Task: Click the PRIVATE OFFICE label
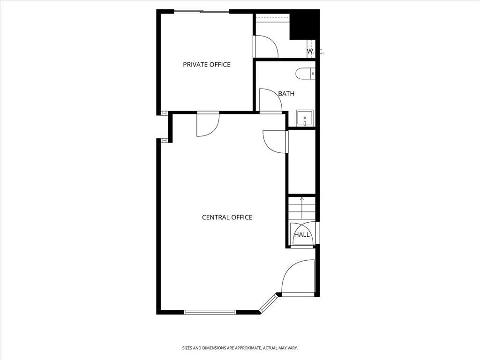(x=207, y=65)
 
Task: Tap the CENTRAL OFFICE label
(x=227, y=217)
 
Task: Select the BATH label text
(x=286, y=94)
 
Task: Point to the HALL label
(x=302, y=235)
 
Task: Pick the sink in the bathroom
(x=305, y=118)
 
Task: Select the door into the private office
(x=208, y=124)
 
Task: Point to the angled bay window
(x=268, y=303)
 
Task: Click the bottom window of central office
(x=210, y=312)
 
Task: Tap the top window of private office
(x=202, y=12)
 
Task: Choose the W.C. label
(x=315, y=51)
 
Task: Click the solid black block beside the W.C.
(x=305, y=24)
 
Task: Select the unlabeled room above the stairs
(x=302, y=162)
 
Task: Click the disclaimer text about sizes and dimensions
(x=240, y=348)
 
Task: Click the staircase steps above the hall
(x=302, y=208)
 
